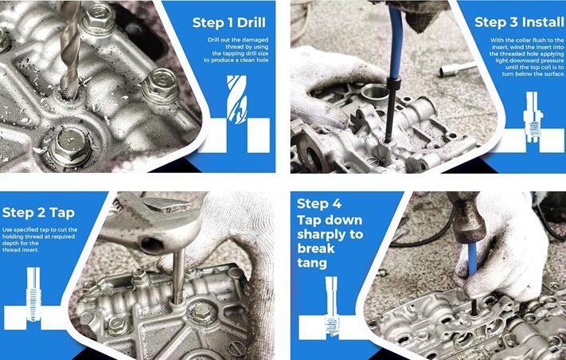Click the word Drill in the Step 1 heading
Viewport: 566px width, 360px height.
click(252, 23)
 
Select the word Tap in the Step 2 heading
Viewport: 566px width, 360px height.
click(62, 213)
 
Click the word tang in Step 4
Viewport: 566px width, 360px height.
click(312, 263)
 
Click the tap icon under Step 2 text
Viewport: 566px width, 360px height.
click(33, 294)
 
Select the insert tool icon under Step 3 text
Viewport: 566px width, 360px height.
click(533, 116)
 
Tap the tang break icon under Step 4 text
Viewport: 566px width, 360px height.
click(331, 306)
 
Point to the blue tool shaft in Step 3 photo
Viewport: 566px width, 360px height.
click(396, 42)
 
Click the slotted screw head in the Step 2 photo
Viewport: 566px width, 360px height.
click(237, 348)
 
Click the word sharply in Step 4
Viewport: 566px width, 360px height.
click(330, 235)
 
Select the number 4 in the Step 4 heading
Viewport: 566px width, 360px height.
click(336, 205)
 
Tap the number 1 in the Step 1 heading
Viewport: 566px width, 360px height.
click(229, 23)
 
